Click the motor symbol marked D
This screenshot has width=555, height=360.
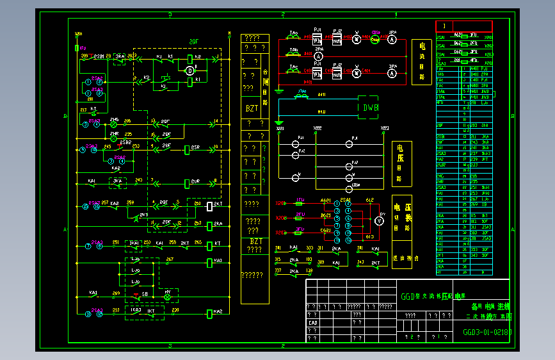(x=189, y=70)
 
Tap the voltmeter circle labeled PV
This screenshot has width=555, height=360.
(x=378, y=220)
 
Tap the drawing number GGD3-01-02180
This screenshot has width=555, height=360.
(x=487, y=332)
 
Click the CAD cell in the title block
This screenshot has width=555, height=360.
(x=313, y=323)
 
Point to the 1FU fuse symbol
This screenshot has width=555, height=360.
(x=299, y=203)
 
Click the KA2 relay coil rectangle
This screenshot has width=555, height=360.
(x=210, y=314)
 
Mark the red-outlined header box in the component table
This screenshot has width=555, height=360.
(x=463, y=26)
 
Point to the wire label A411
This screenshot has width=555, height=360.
(x=321, y=95)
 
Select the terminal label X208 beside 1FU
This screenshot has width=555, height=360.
(x=281, y=203)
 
